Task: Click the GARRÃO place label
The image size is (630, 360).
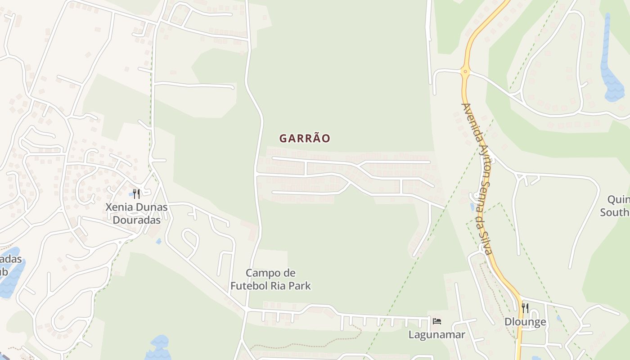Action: pyautogui.click(x=305, y=138)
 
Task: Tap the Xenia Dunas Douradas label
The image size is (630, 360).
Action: pyautogui.click(x=136, y=214)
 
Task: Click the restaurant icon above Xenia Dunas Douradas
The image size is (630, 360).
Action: pyautogui.click(x=136, y=194)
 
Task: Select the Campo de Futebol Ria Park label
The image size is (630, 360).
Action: pyautogui.click(x=270, y=279)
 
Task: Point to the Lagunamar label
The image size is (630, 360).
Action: pyautogui.click(x=436, y=334)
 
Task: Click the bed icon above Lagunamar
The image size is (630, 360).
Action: pyautogui.click(x=436, y=321)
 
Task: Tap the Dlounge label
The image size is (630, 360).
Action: pyautogui.click(x=525, y=322)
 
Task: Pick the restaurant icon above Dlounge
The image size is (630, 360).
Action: pyautogui.click(x=525, y=308)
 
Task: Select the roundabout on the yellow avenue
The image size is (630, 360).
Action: pyautogui.click(x=465, y=71)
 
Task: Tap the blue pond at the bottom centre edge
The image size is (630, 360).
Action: pyautogui.click(x=158, y=349)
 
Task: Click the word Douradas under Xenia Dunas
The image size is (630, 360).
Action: pyautogui.click(x=136, y=220)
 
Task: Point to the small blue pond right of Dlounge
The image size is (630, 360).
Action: pyautogui.click(x=558, y=318)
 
